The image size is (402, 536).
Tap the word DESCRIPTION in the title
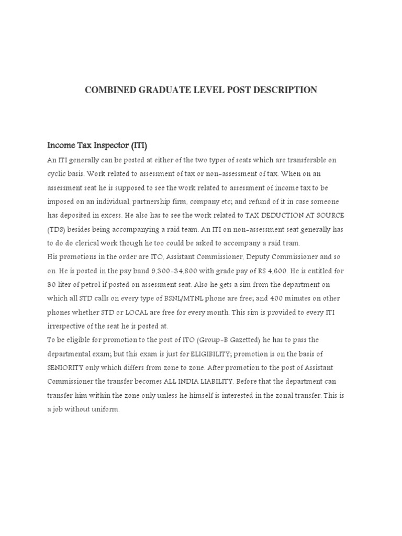coord(285,90)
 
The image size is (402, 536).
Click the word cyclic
coord(57,173)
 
